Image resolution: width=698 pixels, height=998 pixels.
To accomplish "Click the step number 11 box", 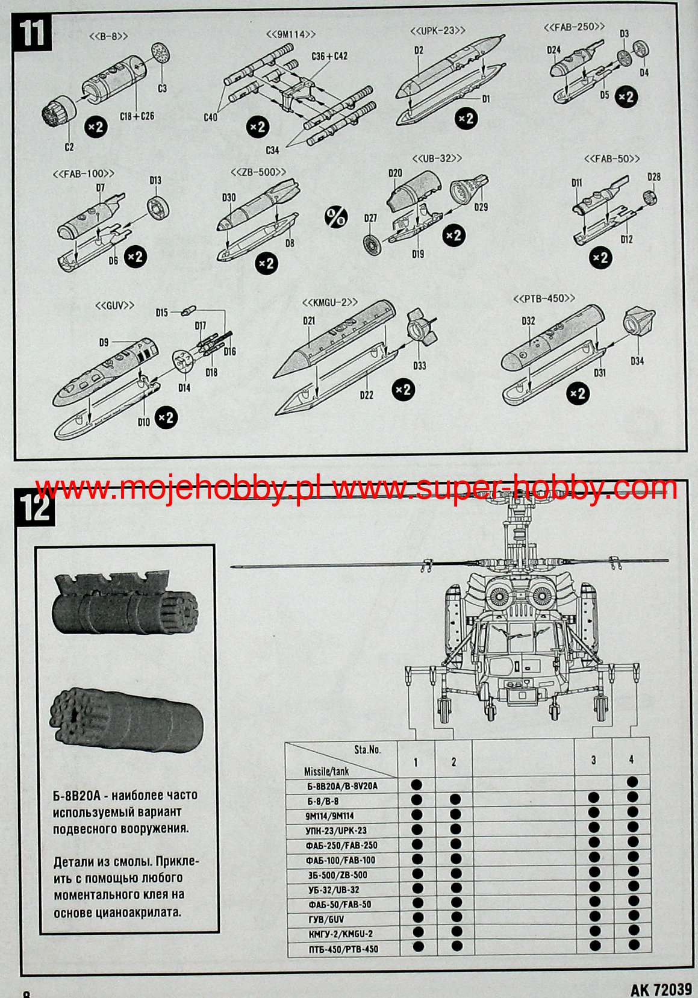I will coord(33,33).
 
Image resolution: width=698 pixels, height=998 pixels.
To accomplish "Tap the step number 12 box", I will coord(36,507).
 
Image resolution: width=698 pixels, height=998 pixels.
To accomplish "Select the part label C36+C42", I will coord(329,56).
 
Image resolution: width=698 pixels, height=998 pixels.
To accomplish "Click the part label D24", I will coord(554,50).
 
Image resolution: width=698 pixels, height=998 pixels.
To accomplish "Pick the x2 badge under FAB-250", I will coord(626,96).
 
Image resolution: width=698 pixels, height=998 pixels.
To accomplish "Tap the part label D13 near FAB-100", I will coord(155,180).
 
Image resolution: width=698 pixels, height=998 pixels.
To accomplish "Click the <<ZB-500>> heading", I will coord(258,173).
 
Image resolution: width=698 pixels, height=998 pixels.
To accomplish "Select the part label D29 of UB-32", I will coord(481,207).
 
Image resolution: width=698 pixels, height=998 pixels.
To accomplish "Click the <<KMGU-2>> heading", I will coord(330,302).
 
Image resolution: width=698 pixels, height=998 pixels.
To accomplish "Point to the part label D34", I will coord(637,361).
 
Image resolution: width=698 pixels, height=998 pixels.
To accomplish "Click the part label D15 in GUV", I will coord(161,313).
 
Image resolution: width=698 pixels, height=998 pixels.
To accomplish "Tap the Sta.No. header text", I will coord(367,749).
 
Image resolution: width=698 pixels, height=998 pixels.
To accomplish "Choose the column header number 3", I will coord(593,760).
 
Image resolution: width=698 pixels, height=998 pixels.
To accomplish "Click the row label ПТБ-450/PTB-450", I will coord(343,949).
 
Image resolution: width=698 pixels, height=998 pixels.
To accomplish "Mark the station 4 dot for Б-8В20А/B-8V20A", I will coord(632,782).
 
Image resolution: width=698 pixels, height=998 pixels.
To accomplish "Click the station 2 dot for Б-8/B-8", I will coord(455,799).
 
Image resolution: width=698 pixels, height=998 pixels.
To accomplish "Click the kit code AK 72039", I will coord(661,990).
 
